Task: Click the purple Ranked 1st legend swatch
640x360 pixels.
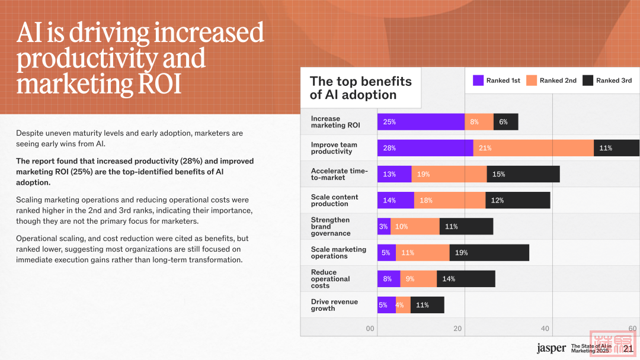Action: (x=478, y=81)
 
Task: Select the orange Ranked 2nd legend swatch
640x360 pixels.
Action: (x=531, y=81)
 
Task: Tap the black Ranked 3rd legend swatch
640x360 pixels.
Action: (x=588, y=81)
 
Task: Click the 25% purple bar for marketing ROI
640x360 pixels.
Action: (x=421, y=122)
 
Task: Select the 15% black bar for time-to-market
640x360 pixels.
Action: (x=523, y=174)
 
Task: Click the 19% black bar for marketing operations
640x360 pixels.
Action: (x=489, y=253)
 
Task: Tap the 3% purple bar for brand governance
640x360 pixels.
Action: (x=384, y=226)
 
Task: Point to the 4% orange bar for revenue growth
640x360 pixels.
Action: (x=403, y=305)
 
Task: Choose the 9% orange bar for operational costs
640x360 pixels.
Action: (x=418, y=279)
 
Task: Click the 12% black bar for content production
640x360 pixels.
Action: (x=518, y=200)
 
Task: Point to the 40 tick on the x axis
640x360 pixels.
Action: (x=545, y=329)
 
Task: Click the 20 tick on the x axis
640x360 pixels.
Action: (x=457, y=329)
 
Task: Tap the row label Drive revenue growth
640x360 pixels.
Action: (x=334, y=305)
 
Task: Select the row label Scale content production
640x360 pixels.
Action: (x=334, y=200)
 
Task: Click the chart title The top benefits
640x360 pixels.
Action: (x=360, y=81)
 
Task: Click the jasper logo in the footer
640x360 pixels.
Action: (x=551, y=348)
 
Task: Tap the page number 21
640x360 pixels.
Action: (x=628, y=348)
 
